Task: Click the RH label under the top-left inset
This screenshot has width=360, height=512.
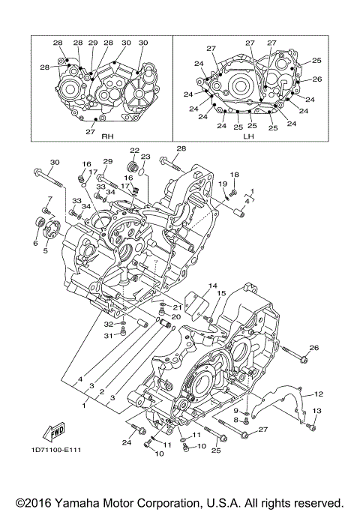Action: coord(106,137)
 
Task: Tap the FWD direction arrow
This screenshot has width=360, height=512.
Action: coord(55,433)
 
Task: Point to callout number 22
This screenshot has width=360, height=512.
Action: coord(134,151)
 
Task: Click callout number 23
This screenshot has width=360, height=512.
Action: coord(145,157)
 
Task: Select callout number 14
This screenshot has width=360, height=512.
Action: coord(212,286)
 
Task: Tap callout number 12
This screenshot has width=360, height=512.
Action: coord(318,393)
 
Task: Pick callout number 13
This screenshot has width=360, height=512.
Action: coord(316,411)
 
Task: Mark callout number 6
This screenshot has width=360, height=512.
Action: coord(34,243)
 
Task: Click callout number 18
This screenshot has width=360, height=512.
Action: coord(233,175)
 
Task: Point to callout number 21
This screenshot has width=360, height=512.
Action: coord(178,307)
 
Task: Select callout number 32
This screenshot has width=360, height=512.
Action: coord(109,324)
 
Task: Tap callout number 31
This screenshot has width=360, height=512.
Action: coord(108,335)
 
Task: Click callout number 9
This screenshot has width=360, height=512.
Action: coord(235,411)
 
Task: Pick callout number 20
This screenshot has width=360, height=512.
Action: coord(175,316)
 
